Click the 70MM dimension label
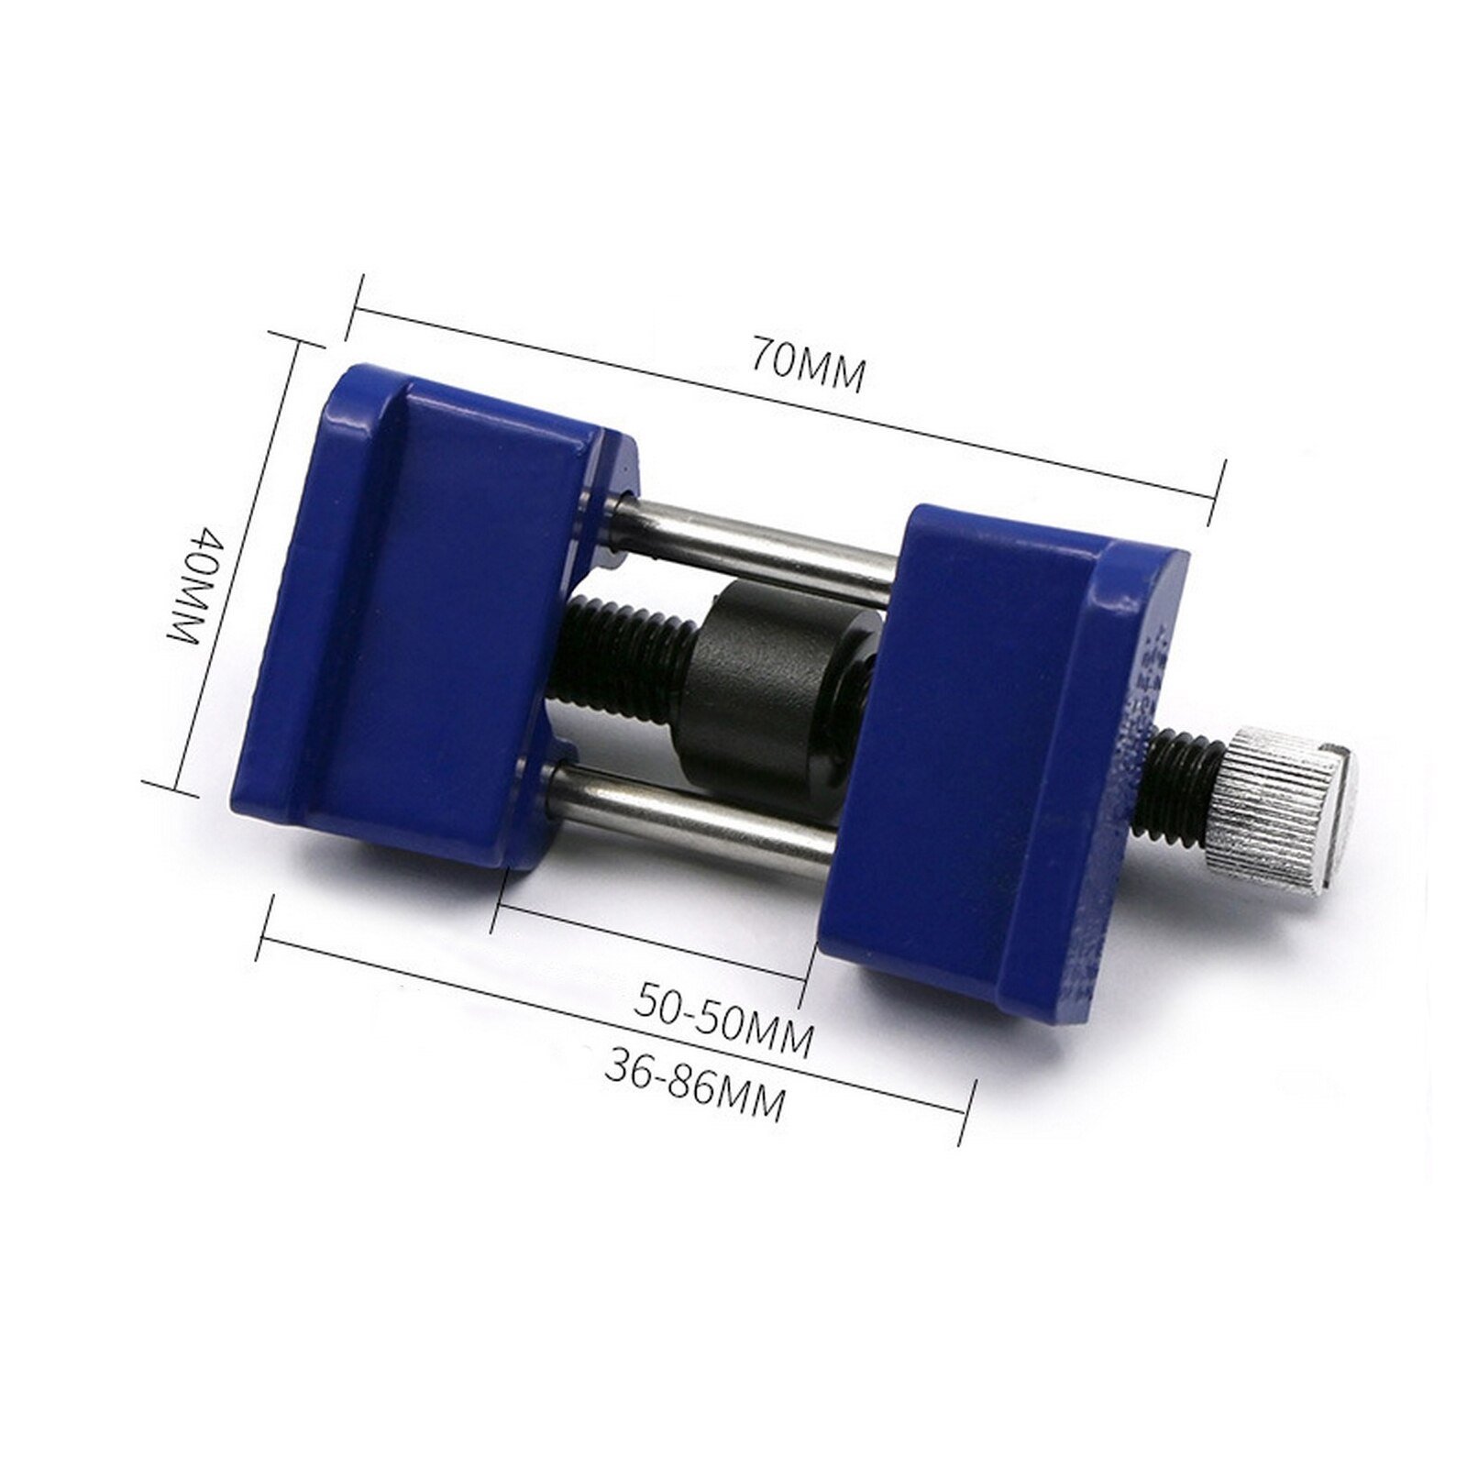[x=808, y=364]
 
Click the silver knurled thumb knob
[x=1279, y=807]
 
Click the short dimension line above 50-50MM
[x=651, y=941]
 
